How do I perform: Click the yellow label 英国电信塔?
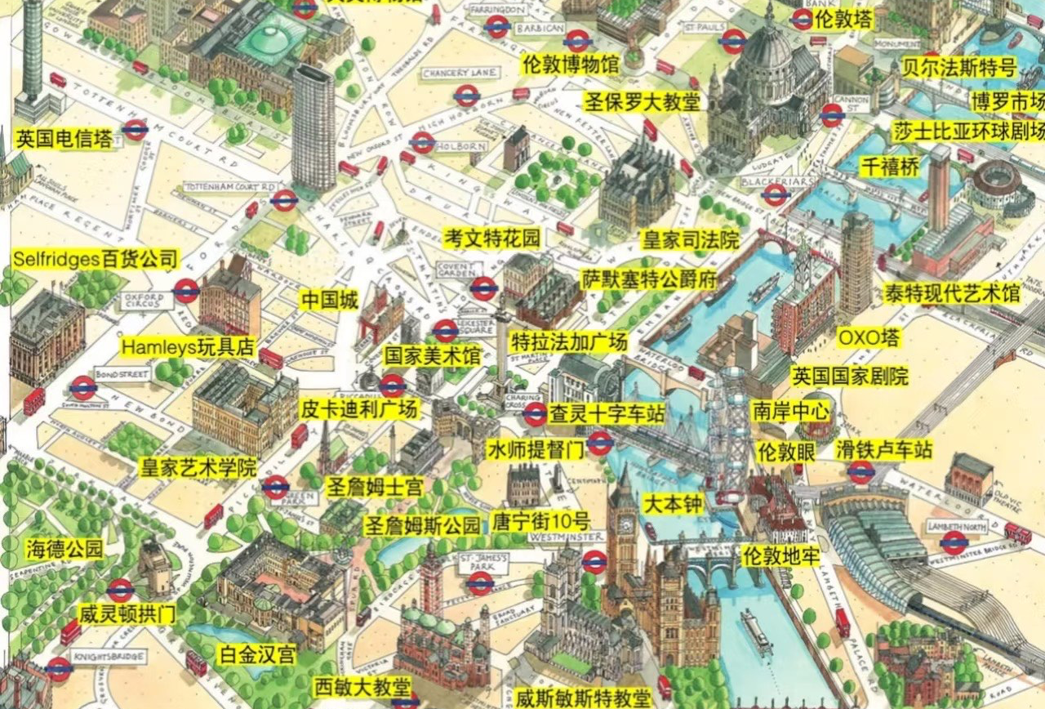[x=64, y=139]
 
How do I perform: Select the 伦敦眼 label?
[x=786, y=451]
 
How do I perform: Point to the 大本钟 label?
[x=673, y=503]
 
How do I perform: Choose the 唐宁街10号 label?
[x=540, y=520]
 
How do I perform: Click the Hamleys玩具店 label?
[x=189, y=346]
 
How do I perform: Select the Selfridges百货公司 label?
[x=96, y=260]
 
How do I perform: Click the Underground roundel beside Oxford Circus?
[x=186, y=291]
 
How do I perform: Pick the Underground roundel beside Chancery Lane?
[x=466, y=96]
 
